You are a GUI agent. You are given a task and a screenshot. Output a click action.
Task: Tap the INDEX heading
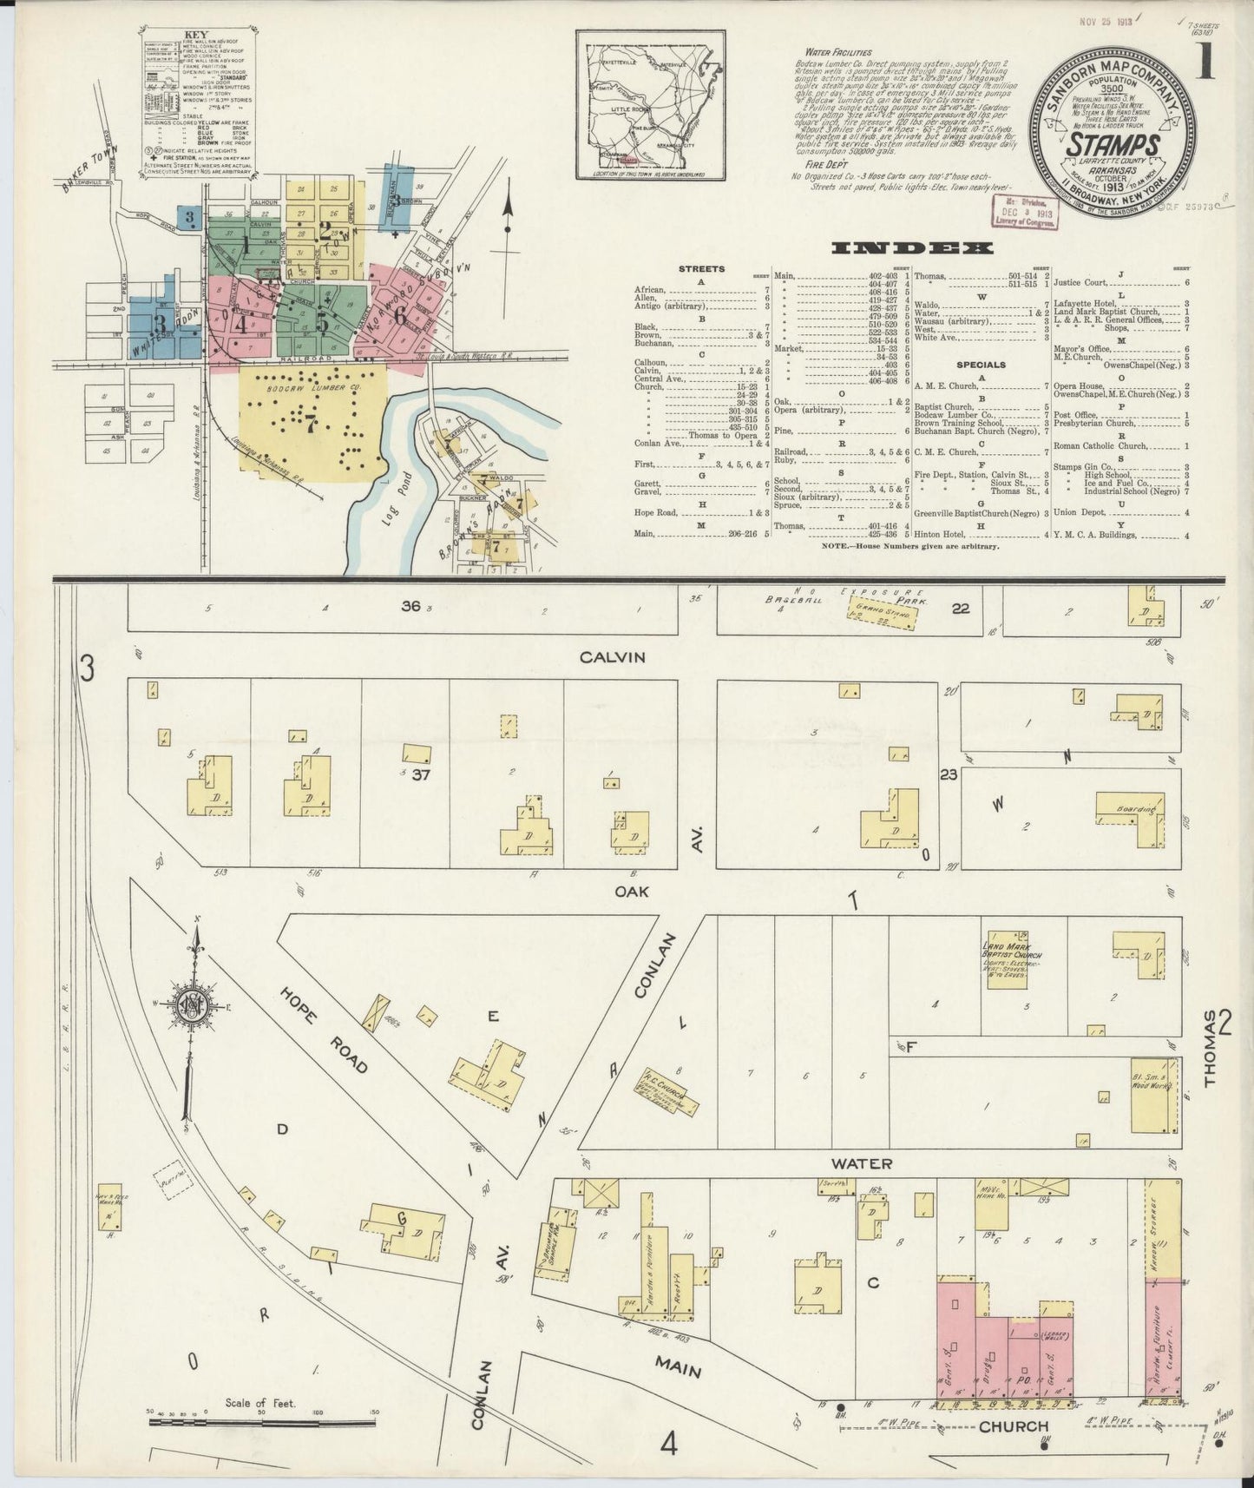911,248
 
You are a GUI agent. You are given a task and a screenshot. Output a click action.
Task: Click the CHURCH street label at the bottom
1014,1426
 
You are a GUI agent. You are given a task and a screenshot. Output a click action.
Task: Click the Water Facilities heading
837,52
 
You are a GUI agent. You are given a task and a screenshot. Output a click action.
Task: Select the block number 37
422,774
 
